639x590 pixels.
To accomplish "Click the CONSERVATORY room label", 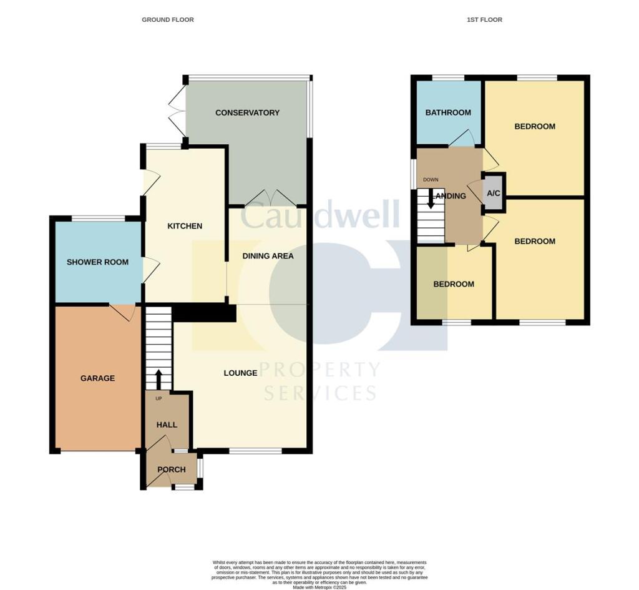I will [247, 113].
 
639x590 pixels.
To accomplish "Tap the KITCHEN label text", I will [185, 226].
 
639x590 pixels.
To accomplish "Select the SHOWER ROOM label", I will [97, 262].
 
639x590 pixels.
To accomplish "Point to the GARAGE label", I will [97, 378].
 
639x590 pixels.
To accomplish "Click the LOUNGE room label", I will [240, 373].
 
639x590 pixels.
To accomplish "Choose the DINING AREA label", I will [268, 256].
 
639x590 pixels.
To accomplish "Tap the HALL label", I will [167, 425].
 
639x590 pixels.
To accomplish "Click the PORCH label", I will [171, 470].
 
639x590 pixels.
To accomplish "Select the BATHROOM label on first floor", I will [448, 113].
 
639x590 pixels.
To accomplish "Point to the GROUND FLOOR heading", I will [168, 20].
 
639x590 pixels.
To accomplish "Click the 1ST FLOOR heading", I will [484, 20].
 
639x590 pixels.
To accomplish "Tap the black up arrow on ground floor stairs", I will [158, 378].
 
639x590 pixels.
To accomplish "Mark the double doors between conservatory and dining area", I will [268, 198].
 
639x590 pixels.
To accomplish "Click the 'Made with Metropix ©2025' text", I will [319, 587].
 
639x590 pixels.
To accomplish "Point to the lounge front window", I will [255, 451].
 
